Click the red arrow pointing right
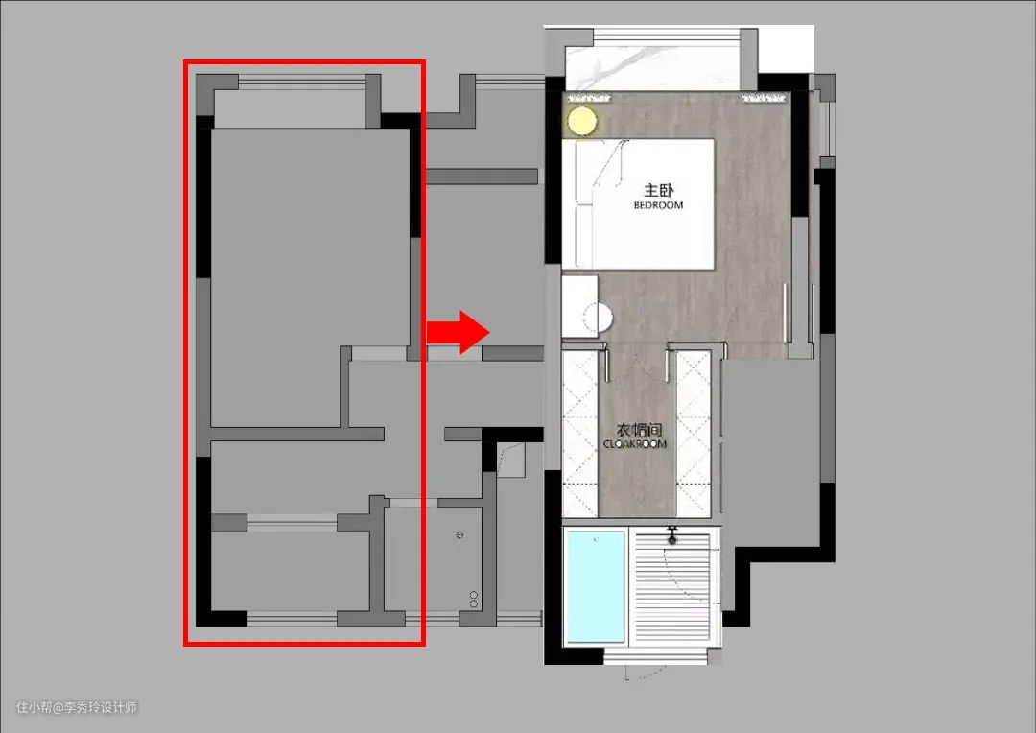[458, 332]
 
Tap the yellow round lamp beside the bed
[582, 122]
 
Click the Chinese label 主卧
[659, 190]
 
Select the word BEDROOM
[658, 205]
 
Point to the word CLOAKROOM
[635, 444]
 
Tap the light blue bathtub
[596, 585]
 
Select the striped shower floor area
[671, 587]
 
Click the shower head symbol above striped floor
[671, 535]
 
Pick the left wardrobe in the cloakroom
[579, 434]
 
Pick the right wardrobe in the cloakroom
[694, 434]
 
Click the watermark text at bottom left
[77, 707]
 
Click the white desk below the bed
[579, 307]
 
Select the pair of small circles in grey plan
[474, 599]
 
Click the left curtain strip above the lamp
[588, 99]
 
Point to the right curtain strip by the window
[765, 99]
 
